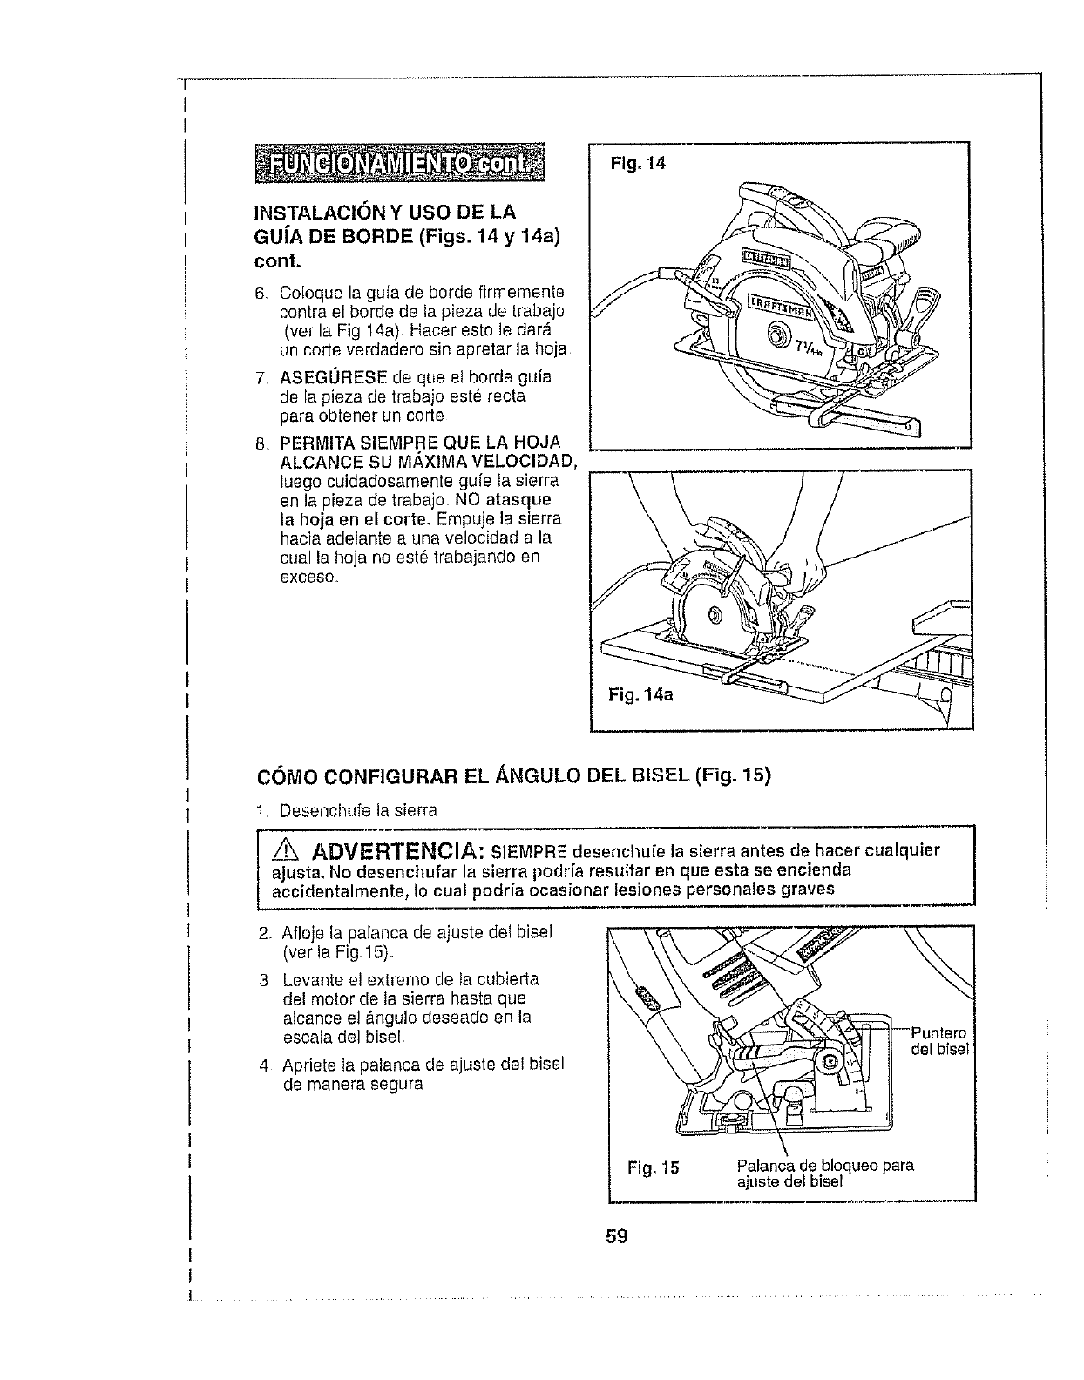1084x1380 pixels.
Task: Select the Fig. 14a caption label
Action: (640, 695)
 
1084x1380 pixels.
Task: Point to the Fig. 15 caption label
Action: (653, 1167)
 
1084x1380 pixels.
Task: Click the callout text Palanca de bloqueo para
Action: (824, 1166)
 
